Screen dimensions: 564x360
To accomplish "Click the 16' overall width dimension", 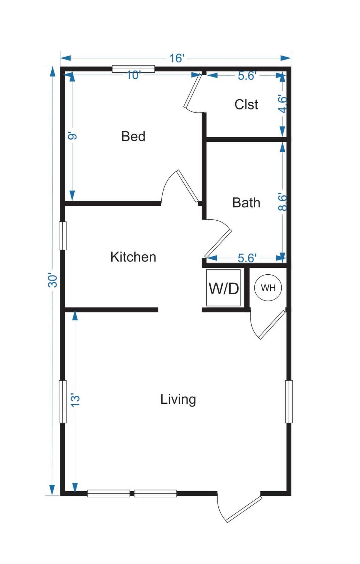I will pos(176,58).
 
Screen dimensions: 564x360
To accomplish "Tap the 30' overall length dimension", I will pos(53,281).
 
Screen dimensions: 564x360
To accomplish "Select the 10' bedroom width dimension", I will pos(133,75).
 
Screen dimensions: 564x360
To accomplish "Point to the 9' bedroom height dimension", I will pos(72,137).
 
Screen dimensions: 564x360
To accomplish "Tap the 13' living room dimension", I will pos(75,400).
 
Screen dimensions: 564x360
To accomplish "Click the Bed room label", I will pos(133,137).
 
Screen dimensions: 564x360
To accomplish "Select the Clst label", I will pos(246,104).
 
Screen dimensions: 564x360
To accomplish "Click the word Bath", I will pos(246,203).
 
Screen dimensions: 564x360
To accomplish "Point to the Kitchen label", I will pos(133,257).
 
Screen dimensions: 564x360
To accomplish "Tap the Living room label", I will pos(178,400).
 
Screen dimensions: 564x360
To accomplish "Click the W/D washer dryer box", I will pos(223,288).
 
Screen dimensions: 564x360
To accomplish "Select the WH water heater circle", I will pos(268,288).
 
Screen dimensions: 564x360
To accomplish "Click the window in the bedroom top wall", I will pos(133,69).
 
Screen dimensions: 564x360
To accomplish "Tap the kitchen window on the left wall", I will pos(62,236).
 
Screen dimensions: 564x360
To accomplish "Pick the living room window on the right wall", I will pos(289,402).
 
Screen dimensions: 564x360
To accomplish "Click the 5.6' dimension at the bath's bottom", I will pos(247,258).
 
